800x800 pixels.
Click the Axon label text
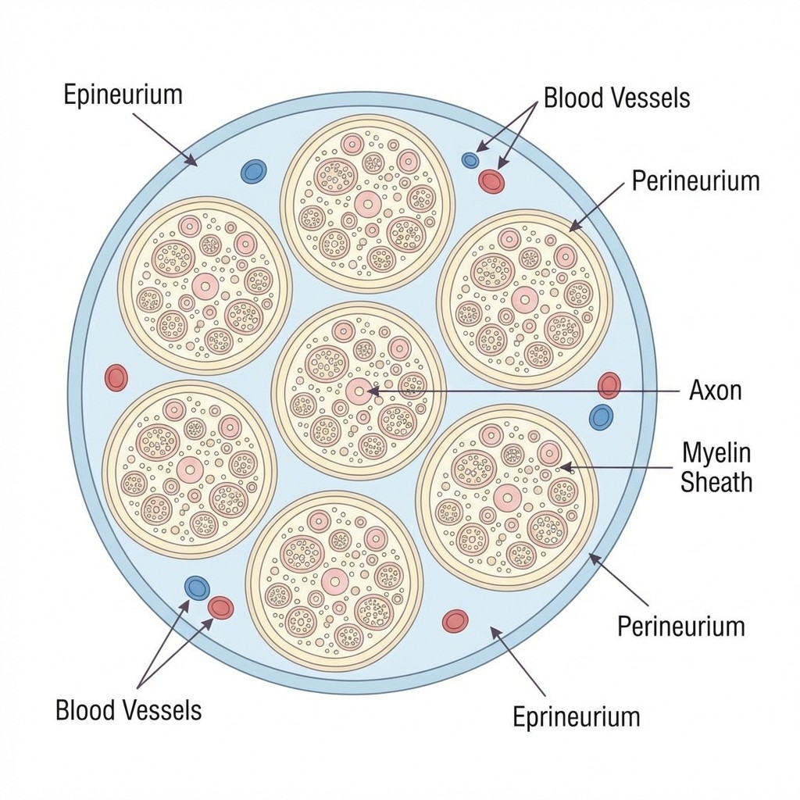pyautogui.click(x=715, y=390)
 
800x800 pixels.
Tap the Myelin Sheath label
pyautogui.click(x=716, y=466)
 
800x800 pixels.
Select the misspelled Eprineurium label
pyautogui.click(x=576, y=716)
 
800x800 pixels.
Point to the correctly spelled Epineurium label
pyautogui.click(x=123, y=95)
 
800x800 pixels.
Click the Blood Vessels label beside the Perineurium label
pyautogui.click(x=616, y=98)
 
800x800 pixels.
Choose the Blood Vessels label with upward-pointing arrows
pyautogui.click(x=128, y=710)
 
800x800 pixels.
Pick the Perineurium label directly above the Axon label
pyautogui.click(x=695, y=180)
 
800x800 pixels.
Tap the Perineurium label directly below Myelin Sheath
pyautogui.click(x=680, y=626)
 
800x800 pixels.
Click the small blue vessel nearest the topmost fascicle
pyautogui.click(x=470, y=160)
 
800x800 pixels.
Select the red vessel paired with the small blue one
pyautogui.click(x=491, y=181)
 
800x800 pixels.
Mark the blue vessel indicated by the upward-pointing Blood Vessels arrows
pyautogui.click(x=197, y=587)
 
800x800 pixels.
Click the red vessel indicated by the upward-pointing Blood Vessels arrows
pyautogui.click(x=221, y=607)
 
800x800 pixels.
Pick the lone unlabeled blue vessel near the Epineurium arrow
pyautogui.click(x=253, y=171)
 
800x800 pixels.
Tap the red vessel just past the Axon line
pyautogui.click(x=609, y=385)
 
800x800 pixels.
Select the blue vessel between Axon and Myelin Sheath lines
pyautogui.click(x=601, y=416)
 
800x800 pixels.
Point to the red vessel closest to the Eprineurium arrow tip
pyautogui.click(x=455, y=621)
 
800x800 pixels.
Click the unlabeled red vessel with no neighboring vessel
pyautogui.click(x=116, y=377)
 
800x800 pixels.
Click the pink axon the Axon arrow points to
pyautogui.click(x=357, y=391)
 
